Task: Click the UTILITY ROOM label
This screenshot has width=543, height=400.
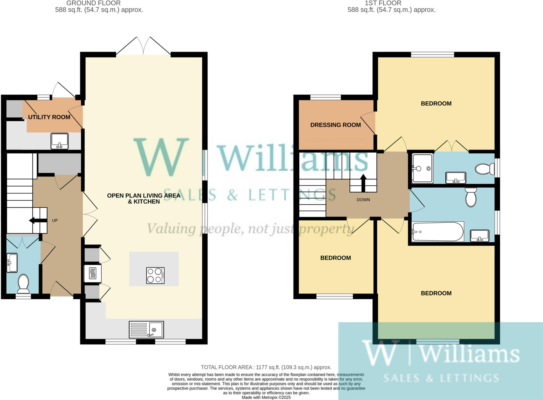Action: (x=49, y=117)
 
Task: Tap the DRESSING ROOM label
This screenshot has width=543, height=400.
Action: (x=335, y=125)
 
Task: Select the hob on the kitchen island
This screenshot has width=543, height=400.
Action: (x=155, y=276)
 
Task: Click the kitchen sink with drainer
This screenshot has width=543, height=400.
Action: (x=146, y=329)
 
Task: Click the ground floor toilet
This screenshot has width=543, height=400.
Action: (x=23, y=283)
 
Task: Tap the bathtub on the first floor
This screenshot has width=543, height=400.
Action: (x=437, y=232)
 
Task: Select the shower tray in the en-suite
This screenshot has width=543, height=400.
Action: (x=422, y=168)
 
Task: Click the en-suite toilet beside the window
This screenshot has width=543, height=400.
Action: (x=484, y=169)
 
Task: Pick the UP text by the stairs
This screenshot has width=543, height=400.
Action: (x=55, y=220)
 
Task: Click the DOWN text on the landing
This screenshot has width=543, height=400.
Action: (x=363, y=200)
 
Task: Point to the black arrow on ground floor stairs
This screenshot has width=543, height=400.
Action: (x=35, y=220)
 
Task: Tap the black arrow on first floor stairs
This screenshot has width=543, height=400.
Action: (x=363, y=183)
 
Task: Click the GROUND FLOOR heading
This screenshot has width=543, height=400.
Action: (x=93, y=3)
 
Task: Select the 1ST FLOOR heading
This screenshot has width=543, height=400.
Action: (x=383, y=3)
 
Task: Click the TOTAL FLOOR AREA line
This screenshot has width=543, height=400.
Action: (x=266, y=367)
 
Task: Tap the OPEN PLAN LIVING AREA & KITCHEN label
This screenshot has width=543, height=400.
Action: (x=144, y=199)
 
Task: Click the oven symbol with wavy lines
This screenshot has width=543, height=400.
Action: (x=93, y=273)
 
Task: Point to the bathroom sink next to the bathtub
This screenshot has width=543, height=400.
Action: (x=479, y=236)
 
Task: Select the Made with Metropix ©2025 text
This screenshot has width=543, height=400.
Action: (x=266, y=397)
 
